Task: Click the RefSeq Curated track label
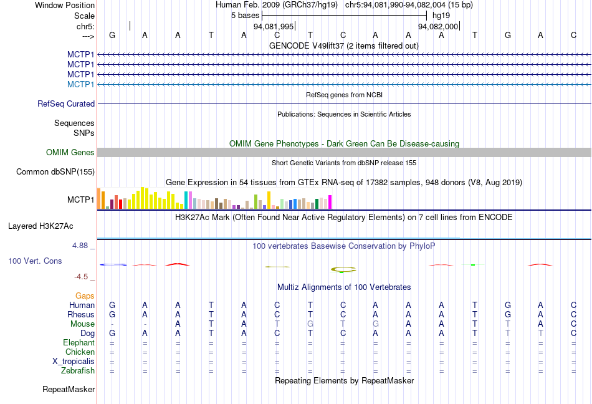[x=66, y=104]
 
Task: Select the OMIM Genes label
[x=70, y=153]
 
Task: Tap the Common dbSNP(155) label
[x=55, y=172]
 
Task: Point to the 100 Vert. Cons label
[x=35, y=261]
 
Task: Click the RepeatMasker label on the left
[x=69, y=390]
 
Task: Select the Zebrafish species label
[x=77, y=371]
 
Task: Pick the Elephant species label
[x=79, y=343]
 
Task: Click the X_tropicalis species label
[x=74, y=362]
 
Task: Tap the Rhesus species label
[x=80, y=315]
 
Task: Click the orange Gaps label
[x=85, y=296]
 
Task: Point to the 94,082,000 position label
[x=438, y=27]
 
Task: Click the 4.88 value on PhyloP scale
[x=82, y=246]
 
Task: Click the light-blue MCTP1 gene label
[x=80, y=84]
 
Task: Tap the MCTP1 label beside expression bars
[x=80, y=200]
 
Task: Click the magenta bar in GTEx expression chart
[x=330, y=202]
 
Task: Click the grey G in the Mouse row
[x=310, y=324]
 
